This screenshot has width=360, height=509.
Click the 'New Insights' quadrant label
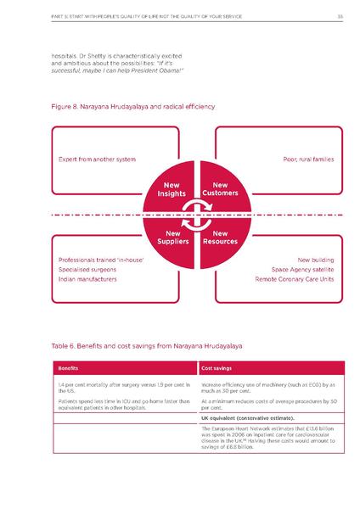point(172,189)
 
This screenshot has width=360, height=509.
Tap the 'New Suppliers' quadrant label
point(172,237)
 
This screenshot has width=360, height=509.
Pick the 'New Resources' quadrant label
point(220,237)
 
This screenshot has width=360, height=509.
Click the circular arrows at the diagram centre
point(196,213)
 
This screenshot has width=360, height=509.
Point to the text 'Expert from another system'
point(97,159)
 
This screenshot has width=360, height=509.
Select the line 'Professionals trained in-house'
point(101,259)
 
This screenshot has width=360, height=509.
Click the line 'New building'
point(315,259)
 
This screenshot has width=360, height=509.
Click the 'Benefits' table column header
point(68,368)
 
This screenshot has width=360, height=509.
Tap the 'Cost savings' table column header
point(217,368)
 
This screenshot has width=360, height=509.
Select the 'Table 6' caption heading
point(134,347)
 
